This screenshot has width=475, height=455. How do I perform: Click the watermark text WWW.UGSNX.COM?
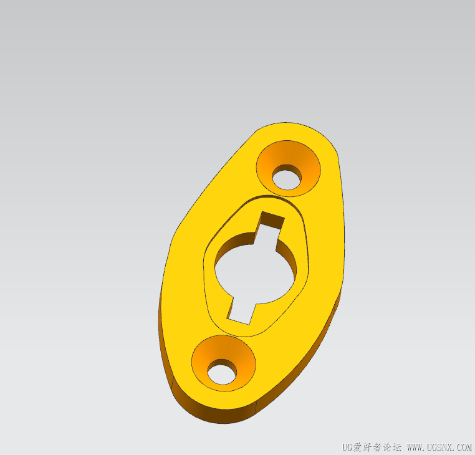pyautogui.click(x=439, y=447)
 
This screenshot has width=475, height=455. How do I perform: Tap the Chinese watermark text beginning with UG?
pyautogui.click(x=372, y=447)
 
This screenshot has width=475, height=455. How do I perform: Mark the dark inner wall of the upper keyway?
pyautogui.click(x=272, y=219)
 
